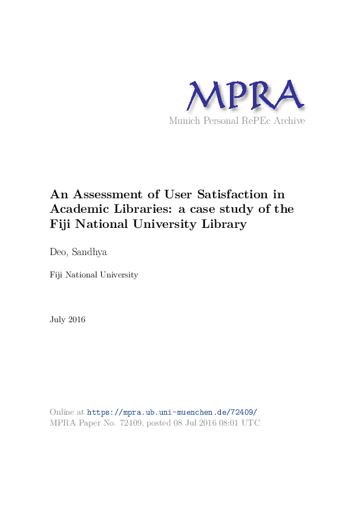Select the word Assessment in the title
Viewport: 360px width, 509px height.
[x=105, y=195]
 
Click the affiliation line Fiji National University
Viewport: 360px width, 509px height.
[x=94, y=275]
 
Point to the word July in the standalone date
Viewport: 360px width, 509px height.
[x=57, y=319]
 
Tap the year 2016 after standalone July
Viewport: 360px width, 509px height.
[x=77, y=319]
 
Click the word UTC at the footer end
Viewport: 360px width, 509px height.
[x=252, y=423]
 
